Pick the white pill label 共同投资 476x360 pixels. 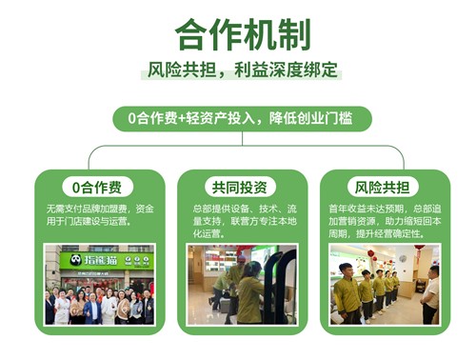pos(238,186)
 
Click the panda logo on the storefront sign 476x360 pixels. pos(71,259)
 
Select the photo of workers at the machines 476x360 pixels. pos(238,285)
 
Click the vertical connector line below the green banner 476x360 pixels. pos(238,138)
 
